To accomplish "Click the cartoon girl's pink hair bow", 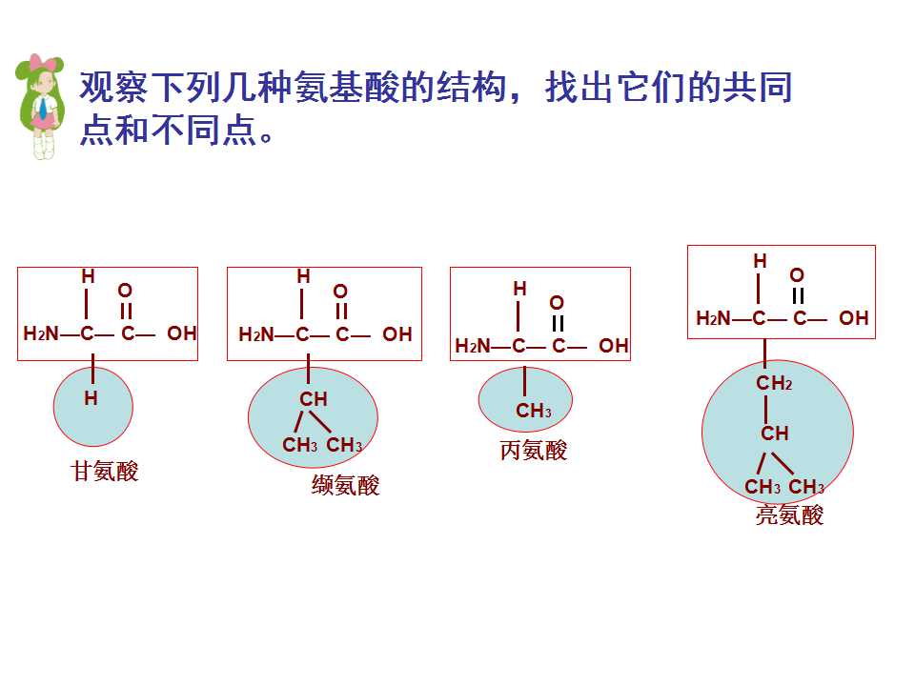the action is (x=46, y=62).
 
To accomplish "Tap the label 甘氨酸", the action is (x=105, y=471).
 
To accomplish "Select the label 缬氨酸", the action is (x=345, y=485).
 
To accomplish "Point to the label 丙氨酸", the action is (x=534, y=450).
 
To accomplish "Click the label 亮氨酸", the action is (x=789, y=514).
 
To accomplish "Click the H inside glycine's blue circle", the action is (x=91, y=398).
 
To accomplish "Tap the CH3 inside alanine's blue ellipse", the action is (x=534, y=410).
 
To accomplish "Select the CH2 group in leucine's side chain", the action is (x=774, y=383).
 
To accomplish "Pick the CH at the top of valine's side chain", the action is (x=314, y=399).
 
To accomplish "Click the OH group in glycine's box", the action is (x=181, y=333).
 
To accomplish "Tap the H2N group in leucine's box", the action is (x=713, y=318).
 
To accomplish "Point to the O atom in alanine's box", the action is (x=557, y=302).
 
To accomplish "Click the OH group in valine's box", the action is (x=396, y=334).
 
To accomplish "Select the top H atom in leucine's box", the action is (x=760, y=261).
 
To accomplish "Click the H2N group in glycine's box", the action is (x=41, y=333).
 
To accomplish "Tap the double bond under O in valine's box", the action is (x=341, y=311).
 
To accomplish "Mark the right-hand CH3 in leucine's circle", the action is (x=806, y=487).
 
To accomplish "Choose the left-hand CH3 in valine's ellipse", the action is (x=300, y=445).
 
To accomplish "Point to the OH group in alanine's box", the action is (x=613, y=345).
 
